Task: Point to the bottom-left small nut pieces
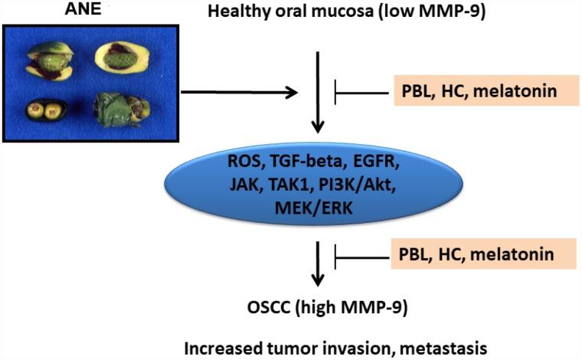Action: coord(44,110)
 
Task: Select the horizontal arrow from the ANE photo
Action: coord(238,93)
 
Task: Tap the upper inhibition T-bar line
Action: coord(360,93)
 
